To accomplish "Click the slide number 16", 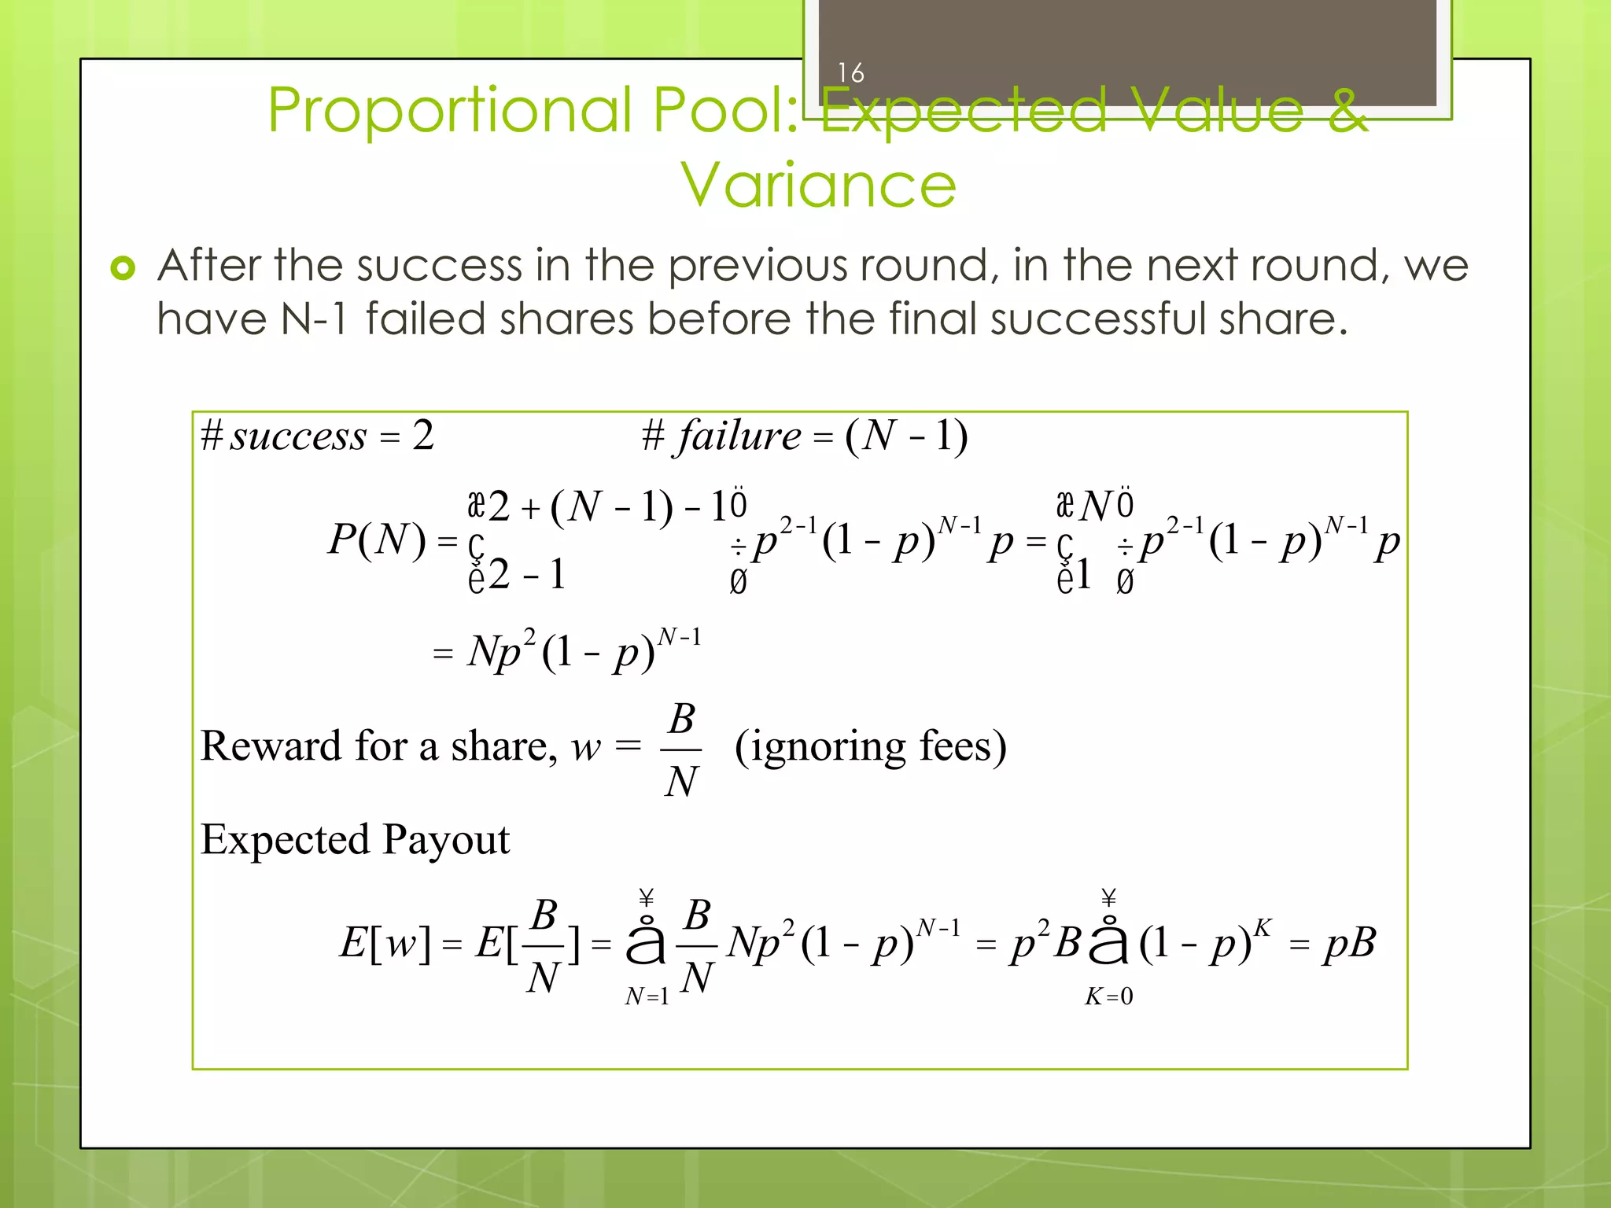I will tap(850, 73).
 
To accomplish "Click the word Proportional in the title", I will tap(450, 111).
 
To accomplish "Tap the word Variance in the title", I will tap(818, 186).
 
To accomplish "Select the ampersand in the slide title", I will tap(1347, 111).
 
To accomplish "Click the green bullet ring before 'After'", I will tap(123, 268).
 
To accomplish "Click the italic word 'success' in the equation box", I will tap(298, 436).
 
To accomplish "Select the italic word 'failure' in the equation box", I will tap(739, 436).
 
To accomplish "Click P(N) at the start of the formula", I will tap(377, 540).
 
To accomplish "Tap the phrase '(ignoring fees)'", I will tap(870, 746).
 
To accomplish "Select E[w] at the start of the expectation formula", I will tap(385, 943).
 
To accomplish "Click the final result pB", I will tap(1349, 943).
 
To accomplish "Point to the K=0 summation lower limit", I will tap(1108, 997).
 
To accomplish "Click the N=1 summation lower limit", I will tap(647, 997).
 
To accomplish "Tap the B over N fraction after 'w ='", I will tap(681, 749).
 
